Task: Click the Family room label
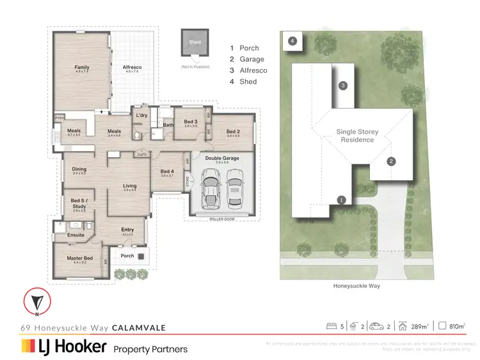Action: point(82,67)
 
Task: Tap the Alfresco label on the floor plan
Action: point(132,67)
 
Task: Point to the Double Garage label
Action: point(222,157)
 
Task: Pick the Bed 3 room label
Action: point(191,121)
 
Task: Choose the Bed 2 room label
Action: point(233,132)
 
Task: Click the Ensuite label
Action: point(76,235)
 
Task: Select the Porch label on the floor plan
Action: point(127,256)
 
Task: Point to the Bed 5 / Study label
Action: point(79,203)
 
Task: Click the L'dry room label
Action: point(141,115)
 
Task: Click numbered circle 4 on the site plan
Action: point(292,41)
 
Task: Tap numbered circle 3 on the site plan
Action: point(343,86)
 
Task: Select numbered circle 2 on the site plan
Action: point(391,161)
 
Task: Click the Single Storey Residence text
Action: point(358,136)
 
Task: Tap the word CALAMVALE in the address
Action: point(139,328)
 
